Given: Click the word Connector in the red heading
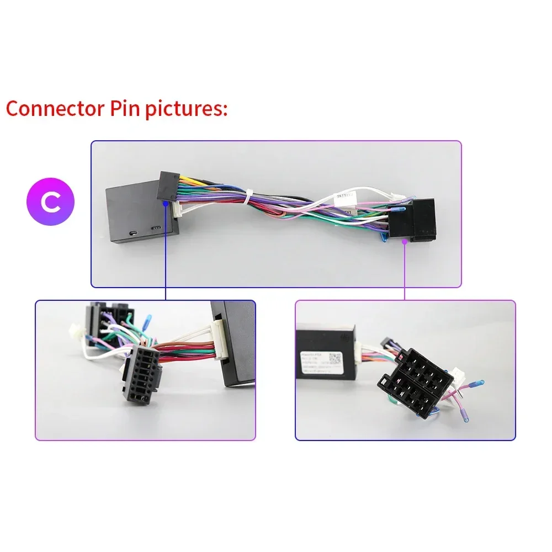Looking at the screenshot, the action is coord(52,109).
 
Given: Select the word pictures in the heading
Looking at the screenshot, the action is coord(185,109).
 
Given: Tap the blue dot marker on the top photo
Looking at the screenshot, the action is coord(166,203).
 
